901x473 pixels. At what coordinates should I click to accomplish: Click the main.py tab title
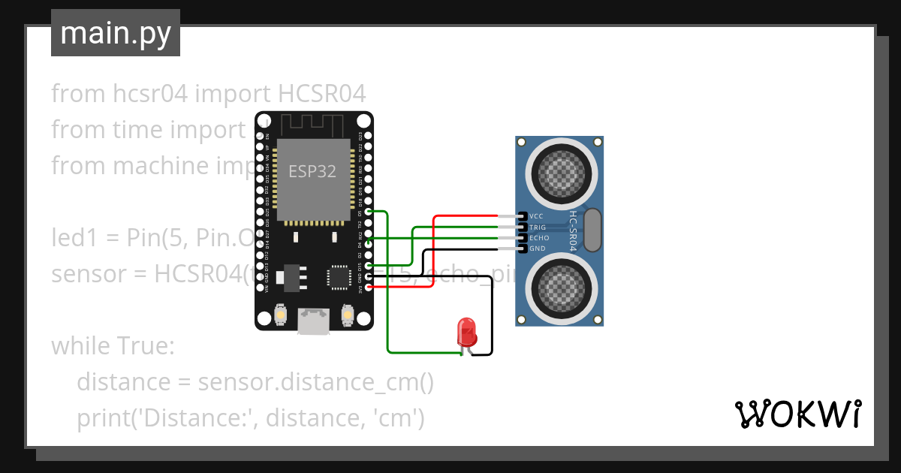pos(115,34)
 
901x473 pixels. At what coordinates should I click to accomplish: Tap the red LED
pos(466,331)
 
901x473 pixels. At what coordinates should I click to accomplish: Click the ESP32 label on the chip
pos(312,171)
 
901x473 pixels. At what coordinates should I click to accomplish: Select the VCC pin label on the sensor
pos(537,216)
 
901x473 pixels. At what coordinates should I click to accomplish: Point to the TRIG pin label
pos(538,227)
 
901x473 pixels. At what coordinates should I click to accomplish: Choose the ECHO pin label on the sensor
pos(539,238)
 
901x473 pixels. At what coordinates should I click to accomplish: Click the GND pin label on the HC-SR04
pos(538,249)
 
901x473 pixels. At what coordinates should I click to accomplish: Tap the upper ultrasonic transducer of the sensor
pos(559,172)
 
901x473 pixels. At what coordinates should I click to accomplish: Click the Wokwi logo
pos(797,414)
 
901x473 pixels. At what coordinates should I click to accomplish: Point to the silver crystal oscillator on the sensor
pos(592,230)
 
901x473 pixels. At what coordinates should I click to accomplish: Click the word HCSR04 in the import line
pos(321,94)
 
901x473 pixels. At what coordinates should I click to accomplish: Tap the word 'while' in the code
pos(81,346)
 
